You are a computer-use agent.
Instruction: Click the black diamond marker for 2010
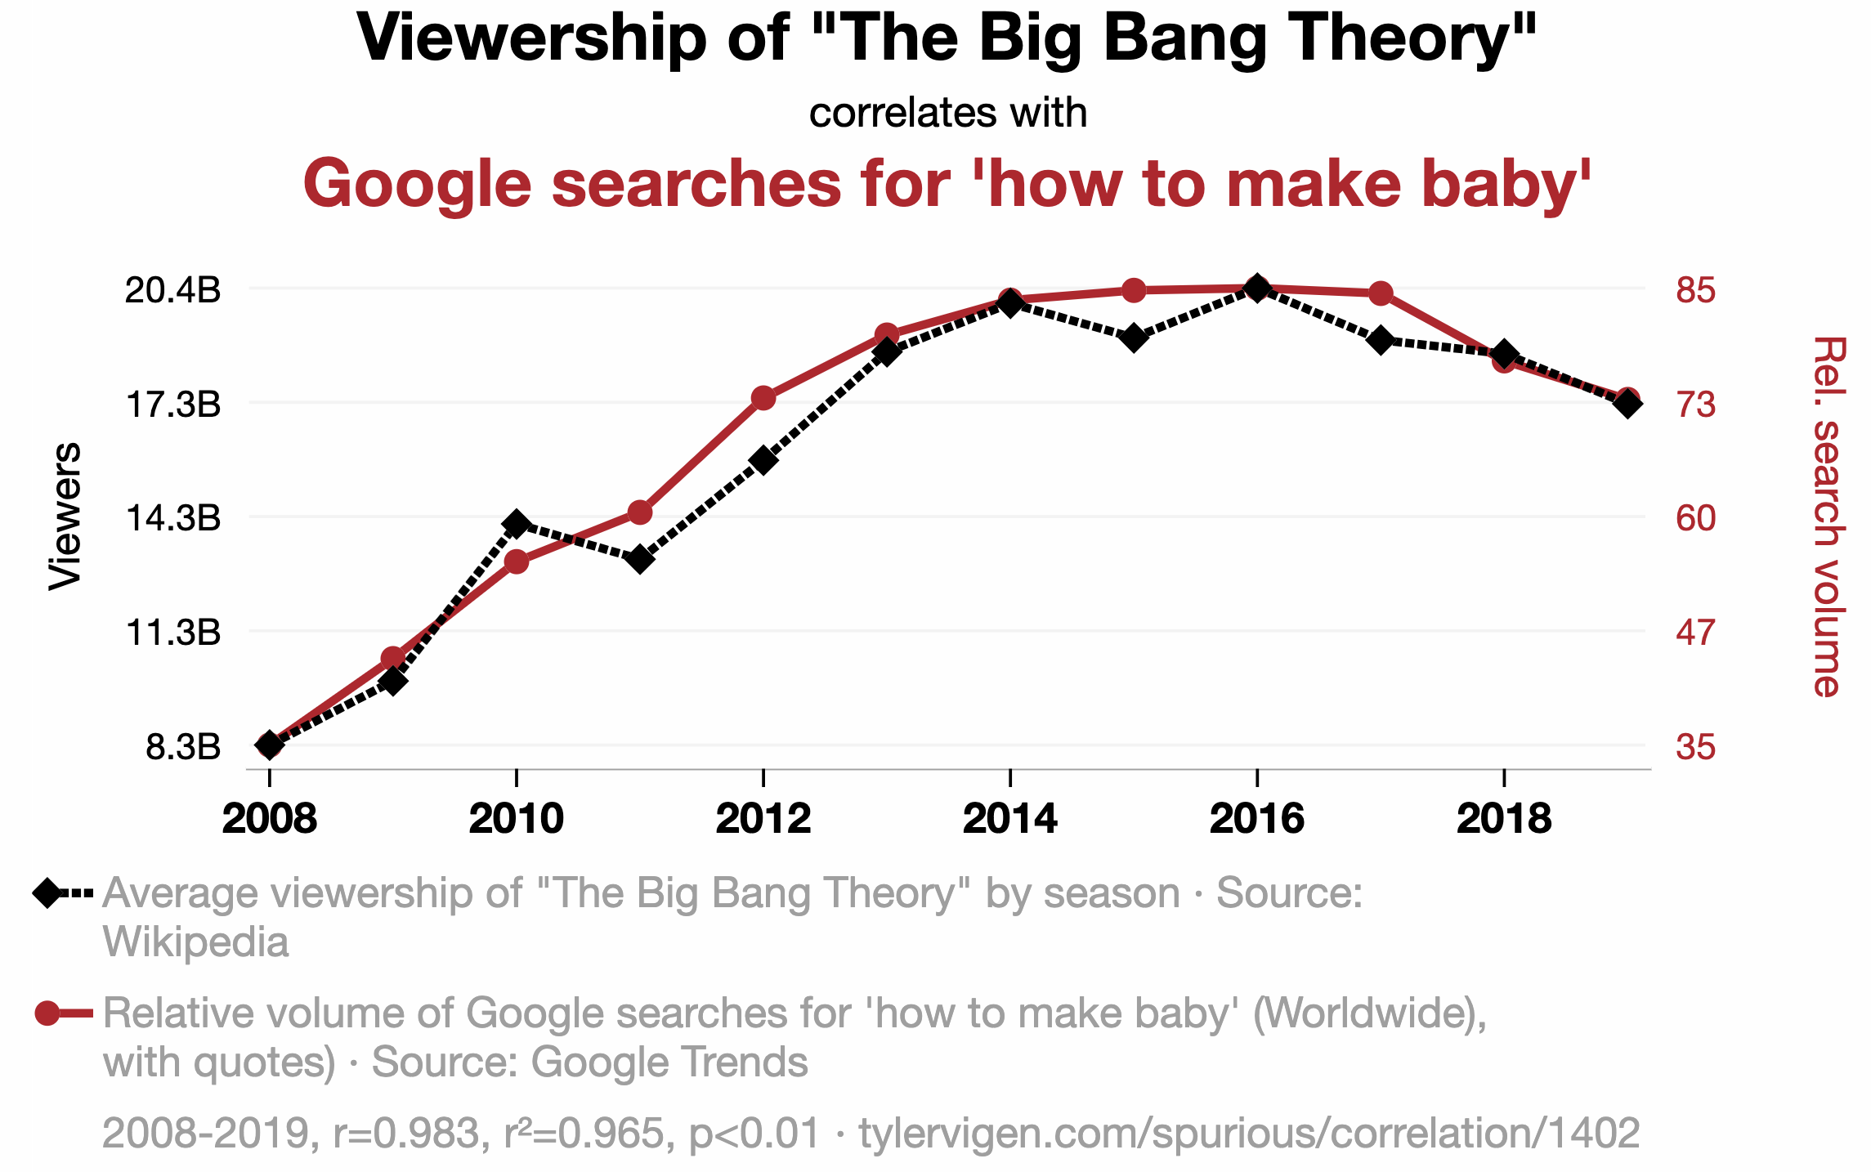pos(516,524)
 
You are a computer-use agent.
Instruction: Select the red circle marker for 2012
pos(763,398)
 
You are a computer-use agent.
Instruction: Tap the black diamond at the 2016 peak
pos(1256,288)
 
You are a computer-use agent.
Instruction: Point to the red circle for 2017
pos(1381,293)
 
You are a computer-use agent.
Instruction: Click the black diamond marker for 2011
pos(640,560)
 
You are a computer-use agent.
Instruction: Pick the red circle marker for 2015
pos(1134,290)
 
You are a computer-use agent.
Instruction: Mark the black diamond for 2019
pos(1627,403)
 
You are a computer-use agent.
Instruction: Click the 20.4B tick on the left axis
pos(172,290)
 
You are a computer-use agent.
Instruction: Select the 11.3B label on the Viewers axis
pos(172,633)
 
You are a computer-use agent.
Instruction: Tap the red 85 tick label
pos(1695,290)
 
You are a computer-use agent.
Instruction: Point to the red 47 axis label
pos(1695,633)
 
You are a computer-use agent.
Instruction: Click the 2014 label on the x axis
pos(1009,819)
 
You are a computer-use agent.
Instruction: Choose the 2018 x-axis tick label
pos(1503,819)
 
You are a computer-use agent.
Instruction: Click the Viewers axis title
pos(65,516)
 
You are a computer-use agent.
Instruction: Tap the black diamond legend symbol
pos(47,892)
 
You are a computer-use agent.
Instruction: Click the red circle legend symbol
pos(47,1013)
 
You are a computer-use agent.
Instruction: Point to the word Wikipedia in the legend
pos(195,942)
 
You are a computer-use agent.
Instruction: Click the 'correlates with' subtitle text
pos(947,113)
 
